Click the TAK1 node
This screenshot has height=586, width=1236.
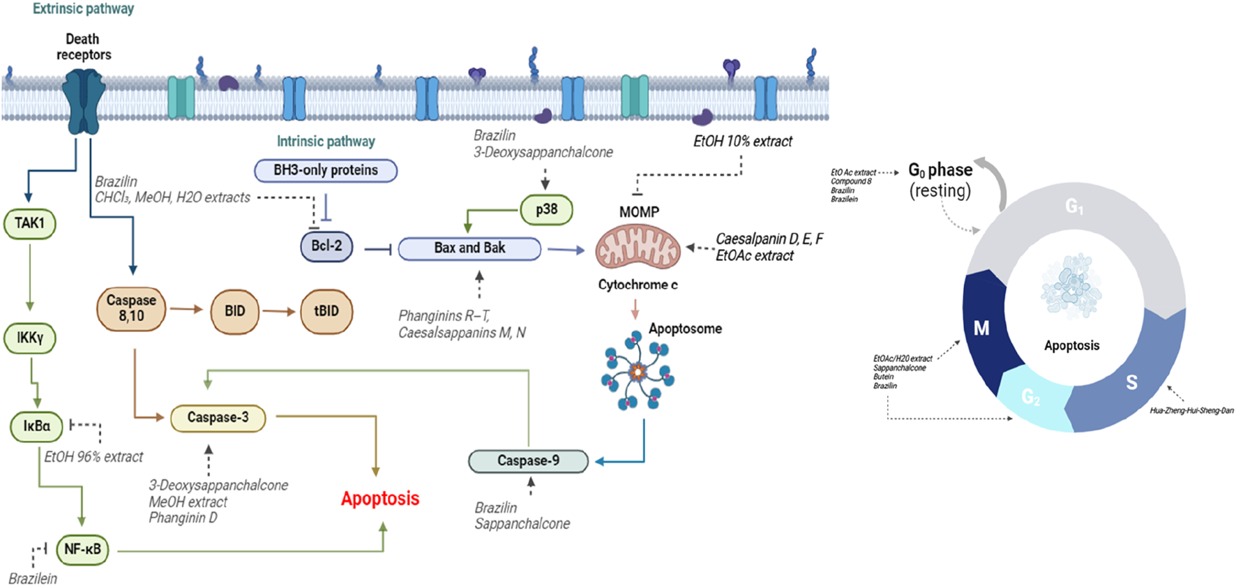pos(30,223)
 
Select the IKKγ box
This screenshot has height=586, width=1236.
pos(30,338)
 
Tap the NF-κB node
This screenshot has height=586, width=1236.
pos(82,550)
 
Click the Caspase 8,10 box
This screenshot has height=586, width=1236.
pos(131,308)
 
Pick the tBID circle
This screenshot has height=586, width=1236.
pos(326,311)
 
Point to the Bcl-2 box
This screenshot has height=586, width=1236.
pos(326,246)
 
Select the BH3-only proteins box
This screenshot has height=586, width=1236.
pos(326,170)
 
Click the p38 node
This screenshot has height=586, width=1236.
pos(546,209)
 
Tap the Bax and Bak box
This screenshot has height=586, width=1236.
pos(469,248)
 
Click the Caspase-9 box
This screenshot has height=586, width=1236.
pos(528,460)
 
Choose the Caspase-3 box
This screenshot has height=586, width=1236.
pos(218,418)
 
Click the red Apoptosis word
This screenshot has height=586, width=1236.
pos(380,499)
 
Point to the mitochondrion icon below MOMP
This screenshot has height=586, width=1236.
pos(638,247)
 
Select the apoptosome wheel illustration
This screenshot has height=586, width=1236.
pos(637,370)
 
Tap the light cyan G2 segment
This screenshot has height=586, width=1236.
pos(1032,398)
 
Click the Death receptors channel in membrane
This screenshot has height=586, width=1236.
pos(84,102)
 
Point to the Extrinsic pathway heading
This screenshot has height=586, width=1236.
pos(83,9)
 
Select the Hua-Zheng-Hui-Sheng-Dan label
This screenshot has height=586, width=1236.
pos(1191,411)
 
